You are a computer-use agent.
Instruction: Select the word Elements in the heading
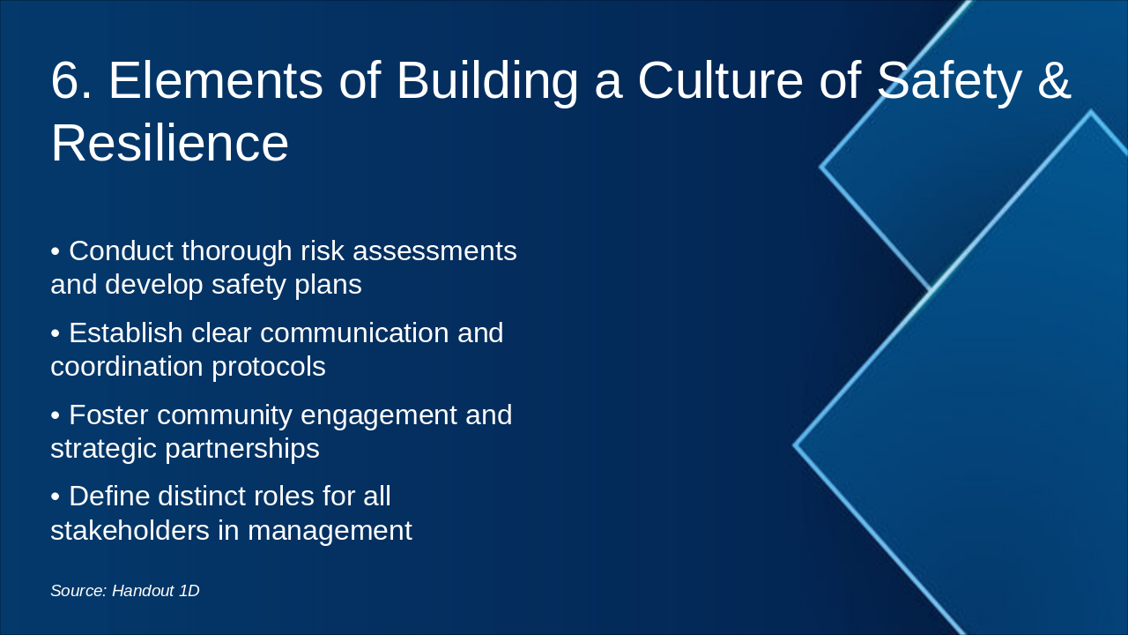click(x=216, y=80)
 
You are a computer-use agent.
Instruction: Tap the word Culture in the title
click(x=721, y=80)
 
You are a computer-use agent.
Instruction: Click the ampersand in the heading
click(x=1054, y=80)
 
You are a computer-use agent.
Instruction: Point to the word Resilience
click(x=170, y=143)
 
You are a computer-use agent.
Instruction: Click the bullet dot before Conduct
click(x=56, y=251)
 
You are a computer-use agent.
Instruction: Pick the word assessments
click(x=434, y=251)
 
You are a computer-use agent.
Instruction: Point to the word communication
click(x=354, y=332)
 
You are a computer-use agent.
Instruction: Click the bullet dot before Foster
click(x=56, y=415)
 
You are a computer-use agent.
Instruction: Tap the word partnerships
click(x=242, y=449)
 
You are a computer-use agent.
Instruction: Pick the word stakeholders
click(x=130, y=530)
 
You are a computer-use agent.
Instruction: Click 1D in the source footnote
click(x=189, y=591)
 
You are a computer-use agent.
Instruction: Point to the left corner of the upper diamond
click(x=820, y=167)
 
